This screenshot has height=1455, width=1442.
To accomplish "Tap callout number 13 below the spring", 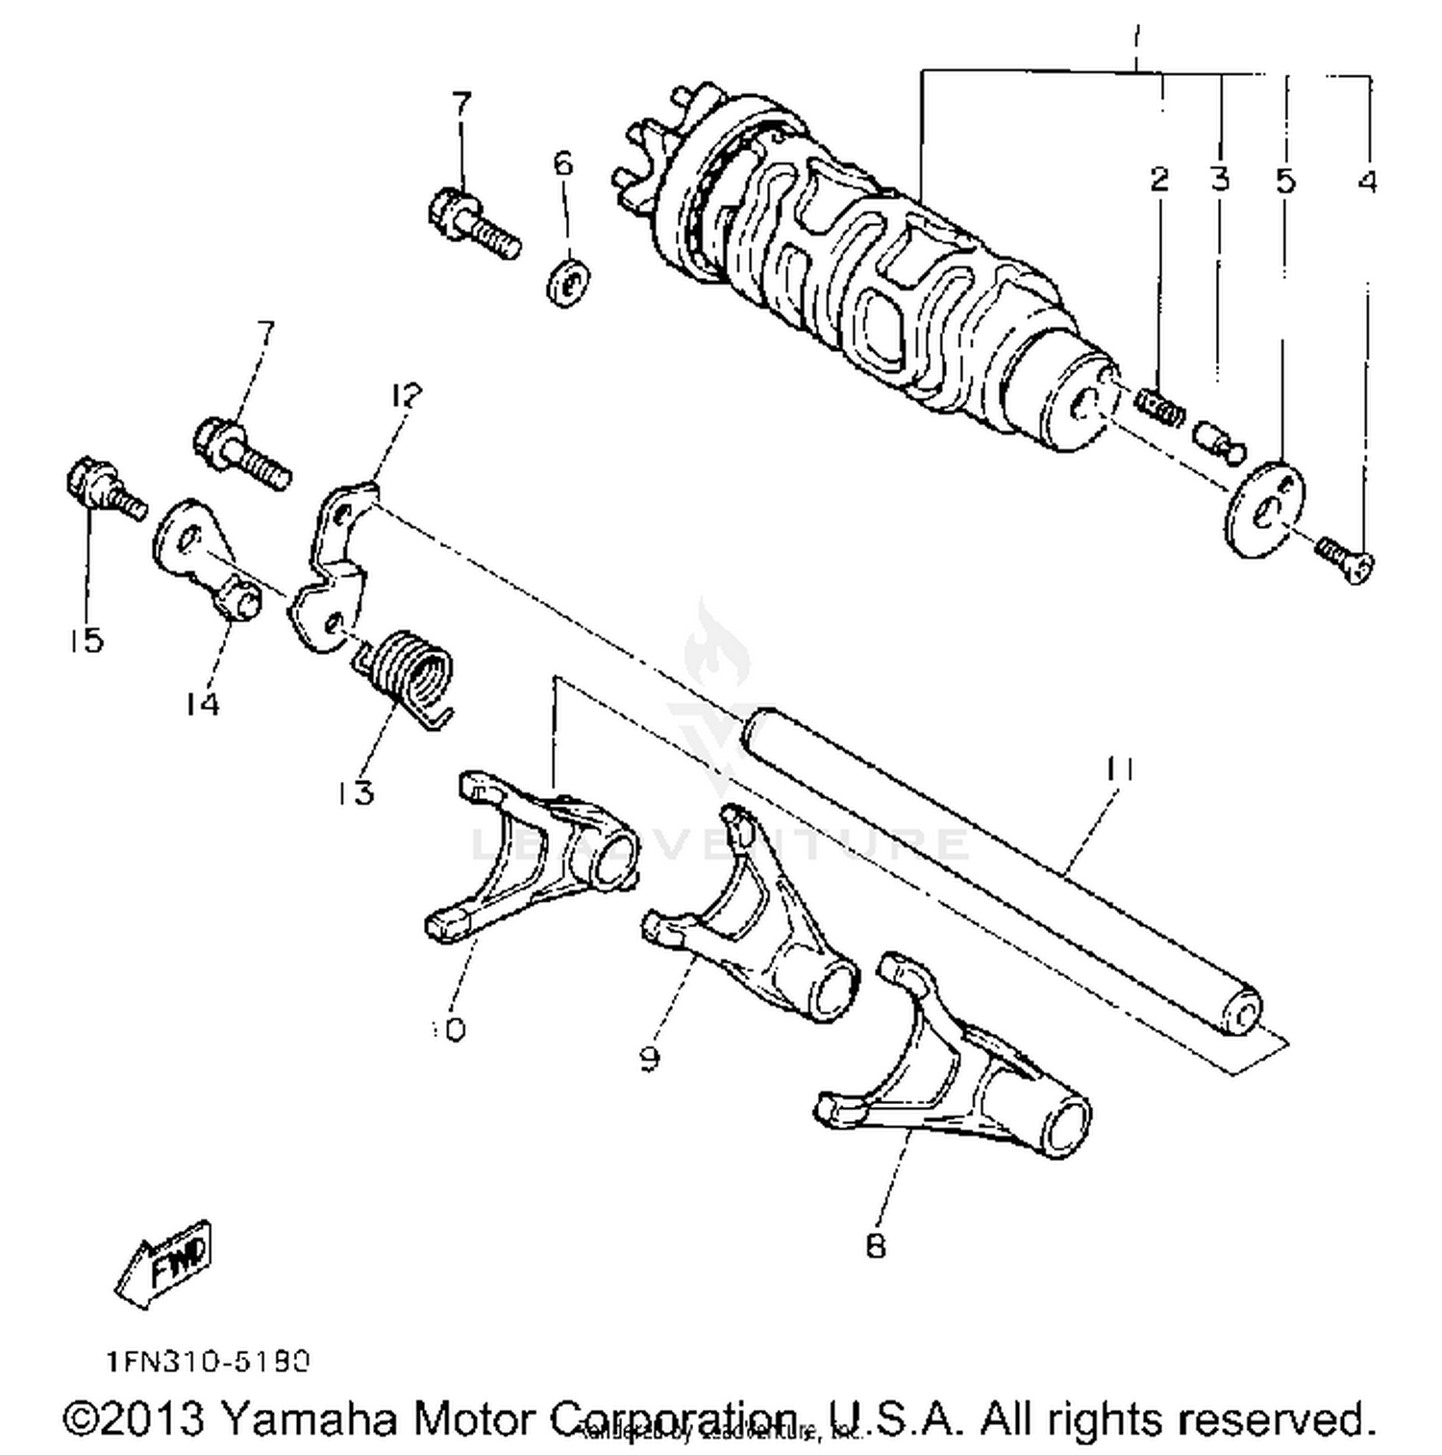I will (x=355, y=792).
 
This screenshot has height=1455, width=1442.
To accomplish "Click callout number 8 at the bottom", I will (x=875, y=1245).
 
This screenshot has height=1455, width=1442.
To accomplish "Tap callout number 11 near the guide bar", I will (x=1119, y=769).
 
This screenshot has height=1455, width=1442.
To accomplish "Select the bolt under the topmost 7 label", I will (x=471, y=223).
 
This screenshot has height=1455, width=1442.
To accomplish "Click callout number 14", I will (x=203, y=704).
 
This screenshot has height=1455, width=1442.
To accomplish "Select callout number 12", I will (x=407, y=395).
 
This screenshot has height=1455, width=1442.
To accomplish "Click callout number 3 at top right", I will (x=1220, y=179).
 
